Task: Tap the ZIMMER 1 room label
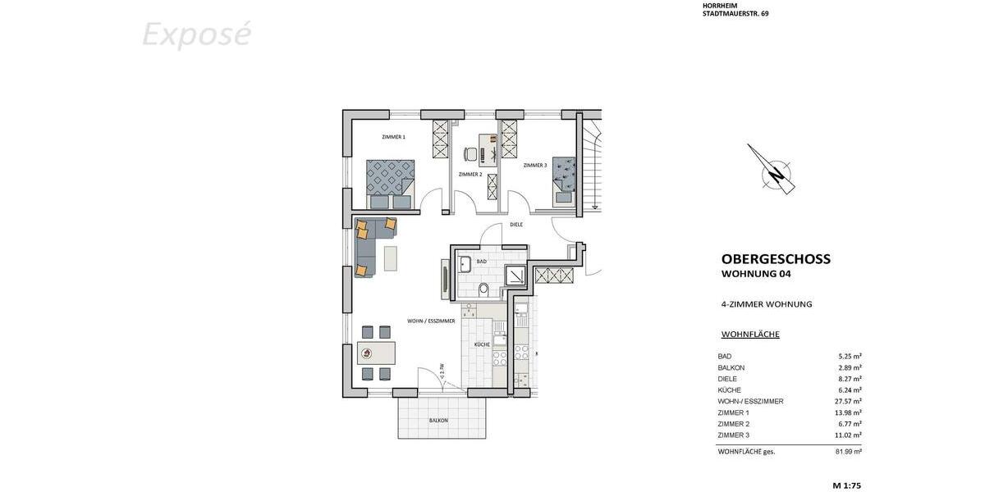point(393,137)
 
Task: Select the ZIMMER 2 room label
point(470,175)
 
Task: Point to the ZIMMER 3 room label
point(534,166)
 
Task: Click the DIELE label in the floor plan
point(516,224)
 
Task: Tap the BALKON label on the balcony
point(438,421)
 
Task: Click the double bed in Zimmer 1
point(390,182)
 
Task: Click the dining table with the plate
point(376,353)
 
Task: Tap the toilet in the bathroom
point(483,289)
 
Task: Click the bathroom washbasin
point(464,264)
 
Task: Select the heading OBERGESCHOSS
point(776,259)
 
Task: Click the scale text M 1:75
point(846,485)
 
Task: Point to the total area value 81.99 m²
point(848,452)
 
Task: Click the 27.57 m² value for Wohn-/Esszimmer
point(848,402)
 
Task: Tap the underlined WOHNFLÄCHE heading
point(750,335)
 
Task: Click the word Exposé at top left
point(196,35)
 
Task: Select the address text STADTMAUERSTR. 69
point(735,14)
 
